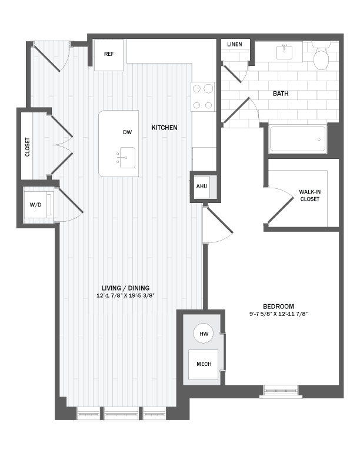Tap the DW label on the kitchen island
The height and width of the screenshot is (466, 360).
coord(127,132)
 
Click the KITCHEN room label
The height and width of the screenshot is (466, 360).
coord(164,128)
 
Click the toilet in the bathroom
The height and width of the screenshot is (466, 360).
coord(322,58)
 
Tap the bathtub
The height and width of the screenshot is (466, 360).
coord(297,140)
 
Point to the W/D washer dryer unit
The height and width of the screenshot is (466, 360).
coord(36,205)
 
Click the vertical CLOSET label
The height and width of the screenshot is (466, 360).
coord(28,147)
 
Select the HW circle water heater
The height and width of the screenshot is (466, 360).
coord(204,334)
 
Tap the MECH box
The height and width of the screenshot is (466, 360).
coord(203,364)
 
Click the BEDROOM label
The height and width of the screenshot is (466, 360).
coord(278,306)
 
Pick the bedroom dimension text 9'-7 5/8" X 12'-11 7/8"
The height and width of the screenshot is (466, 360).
coord(279,314)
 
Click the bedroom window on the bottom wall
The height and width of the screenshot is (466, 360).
coord(280,389)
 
